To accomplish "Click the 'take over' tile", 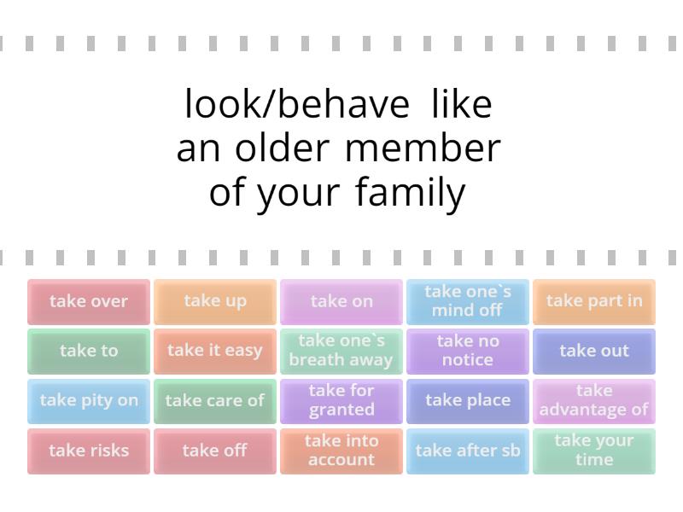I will pos(89,301).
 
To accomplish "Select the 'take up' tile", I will pos(215,301).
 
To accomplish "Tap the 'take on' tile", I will pos(341,301).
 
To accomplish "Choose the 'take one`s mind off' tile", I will pos(468,301).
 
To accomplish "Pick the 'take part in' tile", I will pos(594,301).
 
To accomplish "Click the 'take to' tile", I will pos(89,351).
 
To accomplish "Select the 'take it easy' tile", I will pos(215,351).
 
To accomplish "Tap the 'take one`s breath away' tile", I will pos(341,351).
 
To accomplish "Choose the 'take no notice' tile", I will pos(468,351).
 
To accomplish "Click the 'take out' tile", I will pos(594,351).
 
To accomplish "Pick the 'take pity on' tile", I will pos(89,401).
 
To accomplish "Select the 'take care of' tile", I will pos(215,401).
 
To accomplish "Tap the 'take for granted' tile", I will pos(341,401).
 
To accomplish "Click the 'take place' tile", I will pos(468,401).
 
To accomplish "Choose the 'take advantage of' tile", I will pos(594,401).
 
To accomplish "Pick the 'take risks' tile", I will pos(89,451).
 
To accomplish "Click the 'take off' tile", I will pos(215,451).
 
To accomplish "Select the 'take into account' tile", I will pos(341,451).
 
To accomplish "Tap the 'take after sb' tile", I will pos(468,451).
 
